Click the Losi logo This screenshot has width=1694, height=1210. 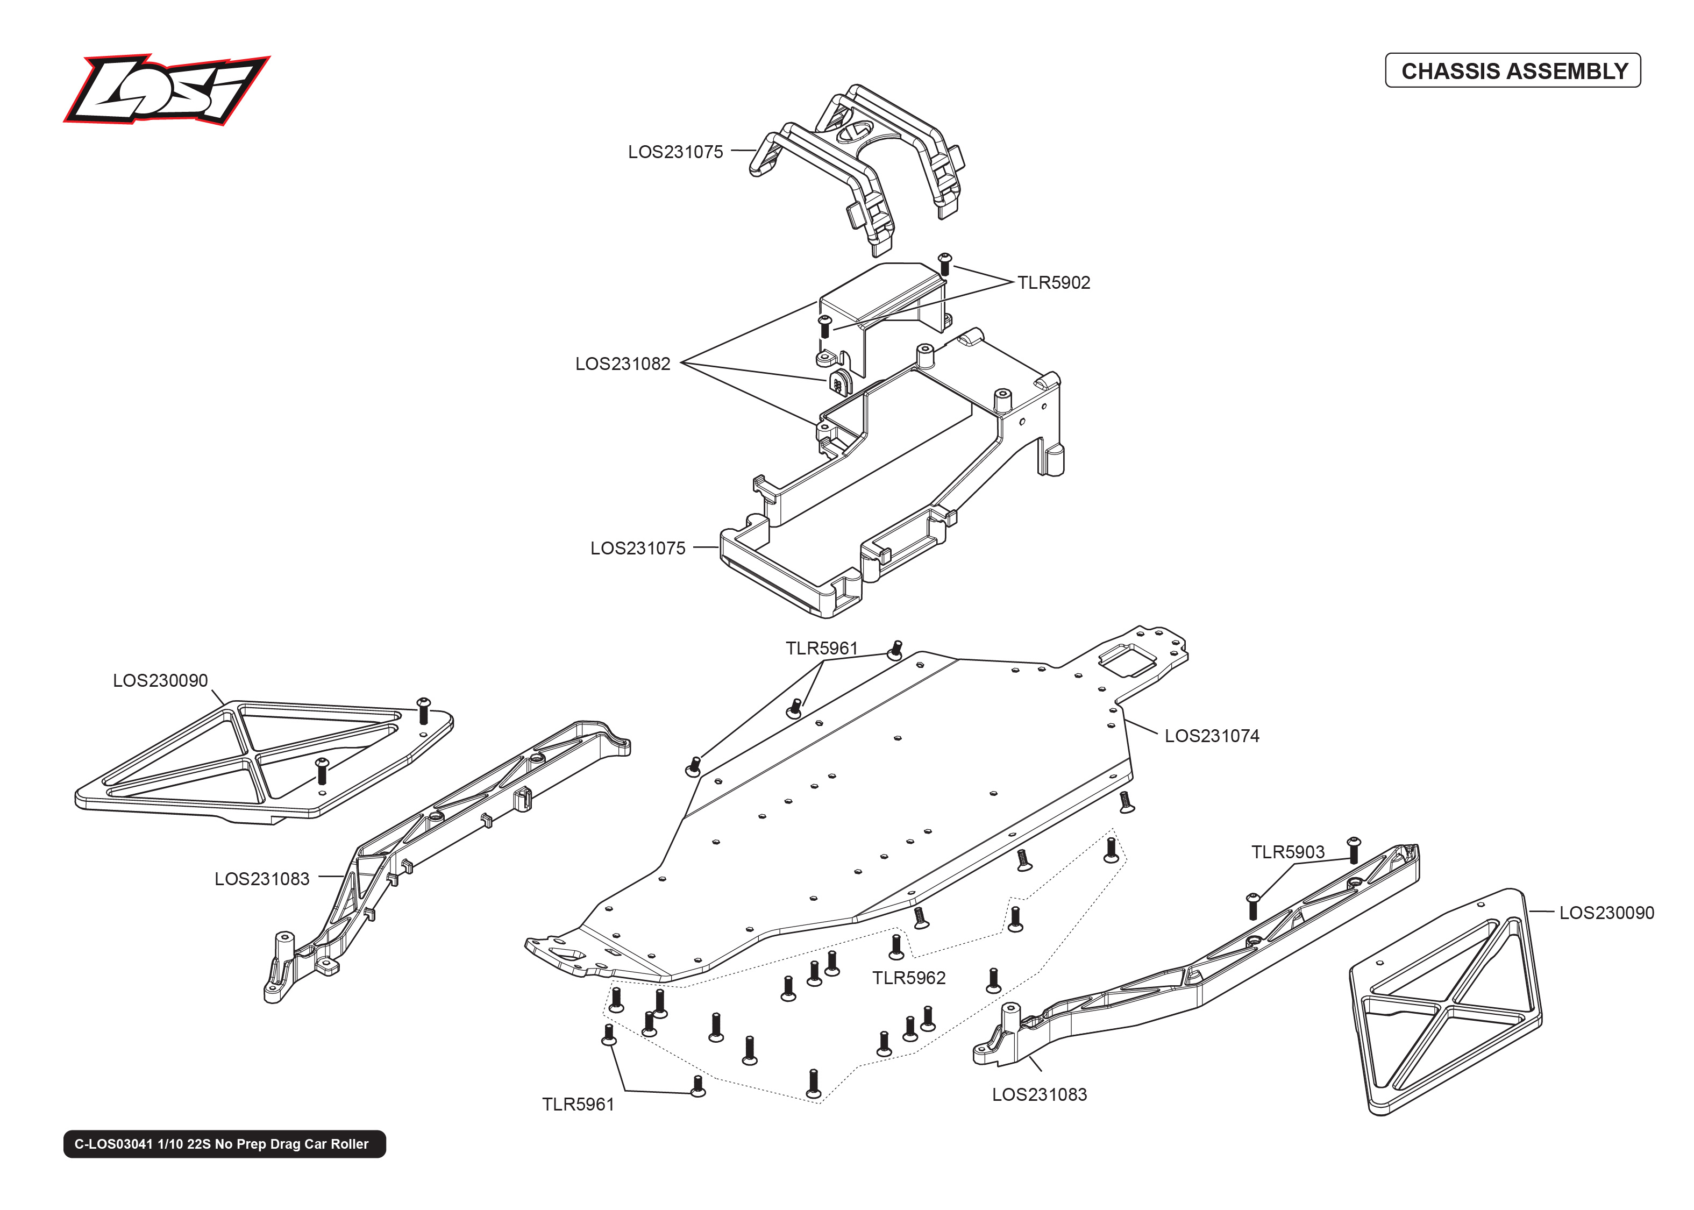coord(166,89)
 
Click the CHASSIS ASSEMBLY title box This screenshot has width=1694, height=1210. coord(1512,71)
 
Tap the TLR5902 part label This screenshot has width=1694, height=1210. coord(1054,282)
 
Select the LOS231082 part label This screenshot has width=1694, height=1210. coord(623,364)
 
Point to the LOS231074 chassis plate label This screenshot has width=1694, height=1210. coord(1211,736)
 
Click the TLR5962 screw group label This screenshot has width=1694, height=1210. coord(909,978)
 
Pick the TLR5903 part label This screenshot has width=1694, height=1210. coord(1287,852)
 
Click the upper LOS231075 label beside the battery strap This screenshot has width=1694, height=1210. coord(675,152)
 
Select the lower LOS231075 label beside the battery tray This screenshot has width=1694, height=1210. coord(638,549)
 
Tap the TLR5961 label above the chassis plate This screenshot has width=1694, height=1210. coord(822,648)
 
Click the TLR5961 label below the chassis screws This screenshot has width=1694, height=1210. coord(578,1104)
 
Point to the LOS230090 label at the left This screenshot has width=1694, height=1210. coord(160,680)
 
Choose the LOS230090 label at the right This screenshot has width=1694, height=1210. coord(1606,913)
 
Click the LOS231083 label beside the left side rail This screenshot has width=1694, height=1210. coord(261,879)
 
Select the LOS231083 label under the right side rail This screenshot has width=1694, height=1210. coord(1039,1094)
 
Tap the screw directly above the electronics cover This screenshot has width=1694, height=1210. coord(944,263)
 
